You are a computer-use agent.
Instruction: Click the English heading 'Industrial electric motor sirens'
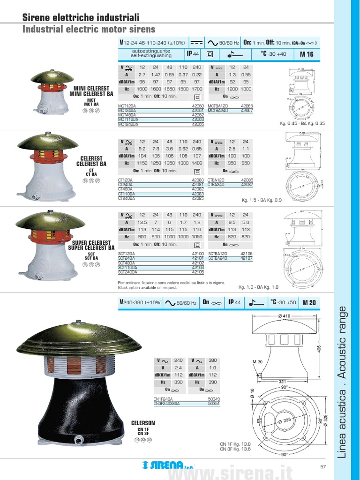coord(89,30)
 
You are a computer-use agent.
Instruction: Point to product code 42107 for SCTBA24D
coord(247,258)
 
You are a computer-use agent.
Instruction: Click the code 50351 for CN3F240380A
coord(214,403)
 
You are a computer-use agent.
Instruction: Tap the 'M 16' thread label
coord(307,54)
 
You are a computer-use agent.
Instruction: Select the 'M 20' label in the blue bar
coord(309,303)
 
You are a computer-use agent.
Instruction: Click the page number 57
coord(323,466)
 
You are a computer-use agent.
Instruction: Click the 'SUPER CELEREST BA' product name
coord(91,247)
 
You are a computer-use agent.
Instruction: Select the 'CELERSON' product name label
coord(143,423)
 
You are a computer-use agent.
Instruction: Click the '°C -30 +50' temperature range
coord(283,303)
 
